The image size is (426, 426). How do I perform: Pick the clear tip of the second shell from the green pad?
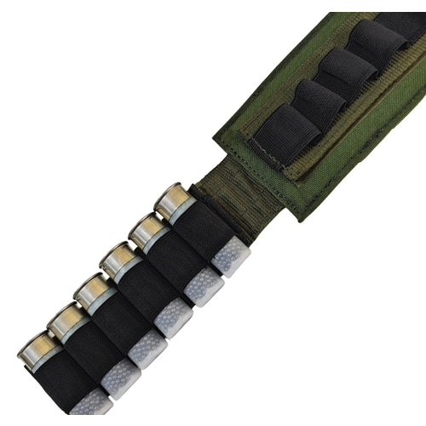pyautogui.click(x=204, y=285)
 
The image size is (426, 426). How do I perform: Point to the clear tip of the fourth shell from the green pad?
pyautogui.click(x=148, y=345)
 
